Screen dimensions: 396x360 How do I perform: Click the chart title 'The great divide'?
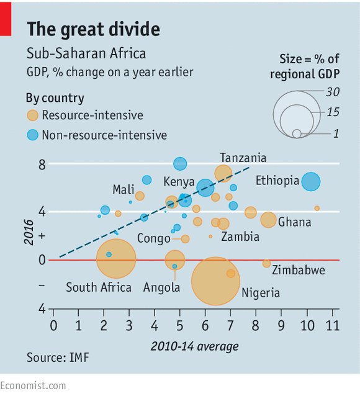(x=93, y=29)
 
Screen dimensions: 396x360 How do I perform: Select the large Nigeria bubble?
(x=215, y=281)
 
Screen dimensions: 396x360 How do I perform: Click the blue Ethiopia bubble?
(x=310, y=182)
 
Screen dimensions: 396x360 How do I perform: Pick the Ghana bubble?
(x=268, y=220)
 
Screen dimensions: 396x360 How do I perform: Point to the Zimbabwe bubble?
(x=266, y=263)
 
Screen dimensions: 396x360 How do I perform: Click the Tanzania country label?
(x=243, y=158)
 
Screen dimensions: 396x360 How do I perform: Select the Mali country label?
(x=124, y=189)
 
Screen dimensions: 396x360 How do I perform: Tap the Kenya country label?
(x=179, y=182)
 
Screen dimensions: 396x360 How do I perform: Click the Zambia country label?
(x=240, y=236)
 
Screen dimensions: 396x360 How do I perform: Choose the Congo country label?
(x=153, y=238)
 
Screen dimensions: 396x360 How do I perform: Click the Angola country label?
(x=161, y=287)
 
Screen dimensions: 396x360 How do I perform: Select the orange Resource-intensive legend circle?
(x=32, y=115)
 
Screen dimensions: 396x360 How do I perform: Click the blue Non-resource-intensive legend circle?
(x=32, y=135)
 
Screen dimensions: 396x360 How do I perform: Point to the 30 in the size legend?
(x=333, y=91)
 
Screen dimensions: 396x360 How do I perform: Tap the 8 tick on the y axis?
(x=42, y=164)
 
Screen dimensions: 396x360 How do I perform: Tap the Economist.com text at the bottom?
(x=33, y=385)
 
